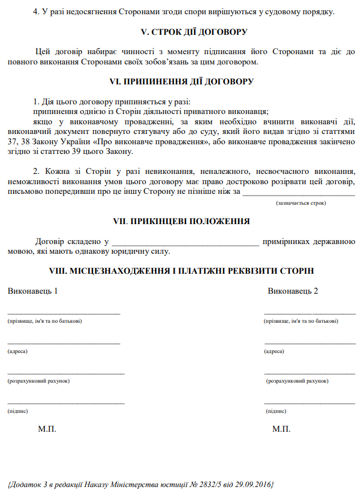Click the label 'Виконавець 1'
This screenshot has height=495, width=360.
[33, 291]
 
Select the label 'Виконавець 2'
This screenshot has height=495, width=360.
[293, 291]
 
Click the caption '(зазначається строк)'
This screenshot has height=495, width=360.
[301, 202]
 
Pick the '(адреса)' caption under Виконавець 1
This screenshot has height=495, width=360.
[18, 351]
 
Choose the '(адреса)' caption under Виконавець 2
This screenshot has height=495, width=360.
[274, 351]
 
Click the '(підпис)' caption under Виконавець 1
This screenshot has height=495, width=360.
[18, 411]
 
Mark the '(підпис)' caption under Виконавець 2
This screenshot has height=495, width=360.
[276, 411]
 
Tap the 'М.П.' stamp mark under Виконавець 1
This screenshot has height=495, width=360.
[47, 428]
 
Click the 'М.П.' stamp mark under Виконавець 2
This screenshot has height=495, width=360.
[281, 428]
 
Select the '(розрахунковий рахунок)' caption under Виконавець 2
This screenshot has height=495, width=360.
[297, 380]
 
